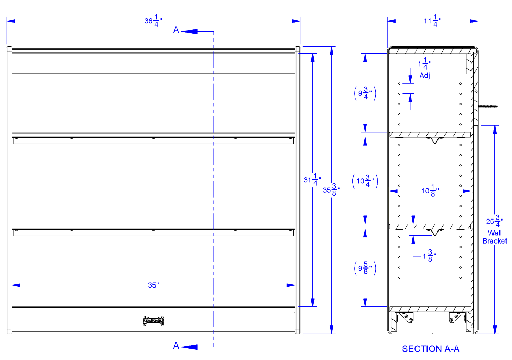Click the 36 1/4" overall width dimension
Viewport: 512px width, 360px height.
153,21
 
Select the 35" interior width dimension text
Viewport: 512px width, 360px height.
153,285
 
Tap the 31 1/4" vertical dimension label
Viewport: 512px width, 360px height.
312,180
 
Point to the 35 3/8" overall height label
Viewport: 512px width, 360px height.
331,190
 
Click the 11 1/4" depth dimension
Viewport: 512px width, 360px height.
432,21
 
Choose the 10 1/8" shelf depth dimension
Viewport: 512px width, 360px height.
430,191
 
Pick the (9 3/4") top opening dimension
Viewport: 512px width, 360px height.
365,93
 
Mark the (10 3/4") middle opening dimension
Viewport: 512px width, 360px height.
365,181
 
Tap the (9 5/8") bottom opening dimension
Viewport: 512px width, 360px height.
365,268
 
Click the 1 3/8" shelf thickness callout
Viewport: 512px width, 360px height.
429,256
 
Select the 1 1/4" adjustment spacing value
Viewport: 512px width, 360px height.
424,64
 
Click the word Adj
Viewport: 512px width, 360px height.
424,75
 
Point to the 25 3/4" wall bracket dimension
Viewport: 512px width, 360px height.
494,221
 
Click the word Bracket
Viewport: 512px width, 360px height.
495,241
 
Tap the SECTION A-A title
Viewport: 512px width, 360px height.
431,349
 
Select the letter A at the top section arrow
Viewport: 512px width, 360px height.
176,30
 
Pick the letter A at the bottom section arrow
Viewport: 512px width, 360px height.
176,346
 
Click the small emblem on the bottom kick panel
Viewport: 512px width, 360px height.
153,320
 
